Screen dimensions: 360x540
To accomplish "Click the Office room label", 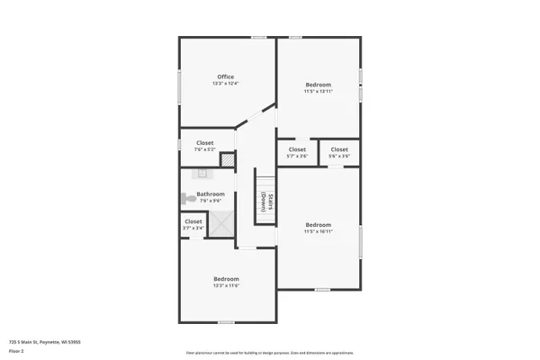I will [x=226, y=76].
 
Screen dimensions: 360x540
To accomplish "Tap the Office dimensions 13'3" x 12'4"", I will [x=226, y=84].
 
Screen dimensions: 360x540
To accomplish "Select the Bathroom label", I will [x=211, y=193].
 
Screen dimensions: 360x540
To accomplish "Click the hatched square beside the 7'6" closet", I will [x=227, y=159].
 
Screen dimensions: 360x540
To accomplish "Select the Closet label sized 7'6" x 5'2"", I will [x=205, y=142].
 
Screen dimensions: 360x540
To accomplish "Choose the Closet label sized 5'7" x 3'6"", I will [x=297, y=149].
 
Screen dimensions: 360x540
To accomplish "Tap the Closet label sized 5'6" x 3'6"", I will [x=339, y=149].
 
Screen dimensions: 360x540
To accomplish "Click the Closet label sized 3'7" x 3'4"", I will [x=193, y=221].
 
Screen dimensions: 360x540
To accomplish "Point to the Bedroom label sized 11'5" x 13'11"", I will [x=318, y=85].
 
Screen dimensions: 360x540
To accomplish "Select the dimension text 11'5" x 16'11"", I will [x=318, y=231].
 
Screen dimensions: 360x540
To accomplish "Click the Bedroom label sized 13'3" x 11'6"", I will [x=226, y=279].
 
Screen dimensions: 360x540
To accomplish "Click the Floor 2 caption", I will [x=16, y=350].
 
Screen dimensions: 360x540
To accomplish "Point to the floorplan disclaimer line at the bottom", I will [x=270, y=353].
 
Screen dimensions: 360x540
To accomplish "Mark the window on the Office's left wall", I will [x=179, y=85].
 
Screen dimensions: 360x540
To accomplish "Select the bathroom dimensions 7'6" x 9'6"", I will [x=210, y=201].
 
